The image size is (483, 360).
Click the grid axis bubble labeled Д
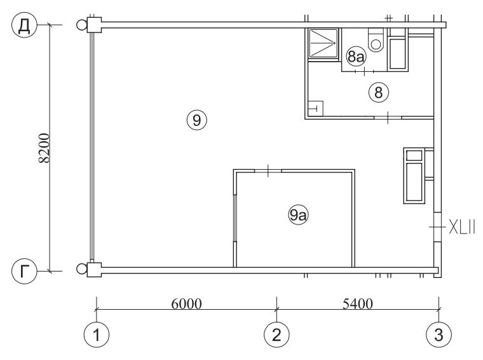(24, 25)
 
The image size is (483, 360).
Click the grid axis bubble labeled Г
(24, 271)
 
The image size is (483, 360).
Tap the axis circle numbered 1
(97, 335)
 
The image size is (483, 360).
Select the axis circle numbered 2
(276, 335)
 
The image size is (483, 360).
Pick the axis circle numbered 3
(439, 335)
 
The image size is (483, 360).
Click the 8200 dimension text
(44, 148)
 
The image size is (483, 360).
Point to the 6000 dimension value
(186, 303)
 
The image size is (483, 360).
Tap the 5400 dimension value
(358, 303)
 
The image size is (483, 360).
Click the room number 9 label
(197, 120)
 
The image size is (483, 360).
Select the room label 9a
(298, 215)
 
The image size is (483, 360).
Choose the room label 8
(379, 92)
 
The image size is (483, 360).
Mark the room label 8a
(356, 57)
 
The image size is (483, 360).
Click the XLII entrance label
(462, 227)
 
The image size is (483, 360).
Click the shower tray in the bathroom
(323, 43)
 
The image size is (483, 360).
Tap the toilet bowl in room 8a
(376, 41)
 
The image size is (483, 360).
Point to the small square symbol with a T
(315, 108)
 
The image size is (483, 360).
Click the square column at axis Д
(94, 25)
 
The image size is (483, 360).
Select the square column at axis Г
(94, 270)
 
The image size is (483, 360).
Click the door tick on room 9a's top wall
(268, 170)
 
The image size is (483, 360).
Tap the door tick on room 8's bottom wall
(388, 118)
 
